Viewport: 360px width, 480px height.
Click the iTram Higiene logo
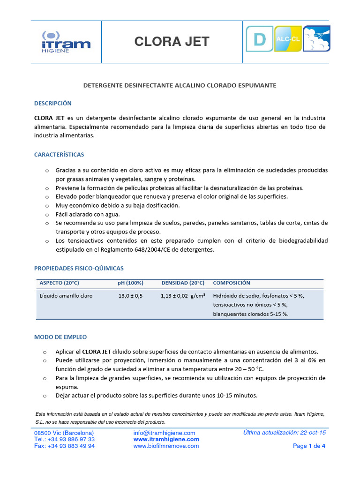coord(66,42)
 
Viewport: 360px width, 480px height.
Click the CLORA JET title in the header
coord(172,42)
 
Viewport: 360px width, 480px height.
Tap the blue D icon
coord(259,39)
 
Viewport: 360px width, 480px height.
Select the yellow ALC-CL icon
coord(288,39)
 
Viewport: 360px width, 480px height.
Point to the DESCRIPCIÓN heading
coord(53,103)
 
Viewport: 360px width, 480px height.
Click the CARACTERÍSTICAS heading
coord(59,154)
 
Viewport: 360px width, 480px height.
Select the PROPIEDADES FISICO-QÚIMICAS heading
coord(79,268)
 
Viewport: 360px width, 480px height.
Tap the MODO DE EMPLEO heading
coord(60,337)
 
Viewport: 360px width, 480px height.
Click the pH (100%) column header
coord(130,283)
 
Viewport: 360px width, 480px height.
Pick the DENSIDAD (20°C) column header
coord(183,283)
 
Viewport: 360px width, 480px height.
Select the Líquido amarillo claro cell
coord(66,296)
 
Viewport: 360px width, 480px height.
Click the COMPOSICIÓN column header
coord(232,283)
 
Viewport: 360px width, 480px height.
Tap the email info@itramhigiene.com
coord(164,433)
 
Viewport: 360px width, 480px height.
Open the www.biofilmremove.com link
coord(166,446)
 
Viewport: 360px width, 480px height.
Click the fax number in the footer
coord(64,446)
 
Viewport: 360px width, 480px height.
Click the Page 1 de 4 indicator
coord(309,446)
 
